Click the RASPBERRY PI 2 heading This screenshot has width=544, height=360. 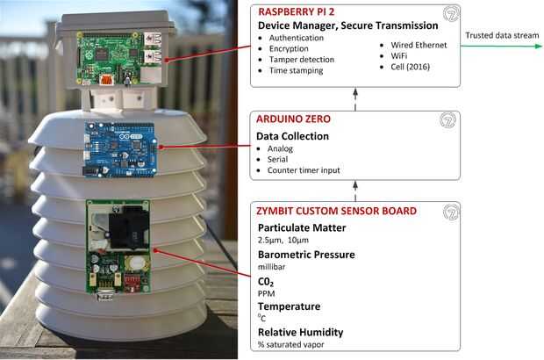pos(296,11)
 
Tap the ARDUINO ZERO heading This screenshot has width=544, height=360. pos(293,119)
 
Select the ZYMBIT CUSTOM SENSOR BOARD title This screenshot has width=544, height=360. pos(336,211)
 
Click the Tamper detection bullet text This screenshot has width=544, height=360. pos(302,60)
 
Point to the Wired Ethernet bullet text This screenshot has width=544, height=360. pos(419,45)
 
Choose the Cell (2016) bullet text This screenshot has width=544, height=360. pos(410,67)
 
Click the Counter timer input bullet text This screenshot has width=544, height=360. pos(304,170)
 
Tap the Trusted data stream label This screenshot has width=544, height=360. pos(502,35)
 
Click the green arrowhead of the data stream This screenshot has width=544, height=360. pos(538,47)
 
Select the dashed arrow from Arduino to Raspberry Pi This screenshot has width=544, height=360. pos(355,99)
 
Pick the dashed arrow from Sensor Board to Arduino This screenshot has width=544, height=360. pos(355,191)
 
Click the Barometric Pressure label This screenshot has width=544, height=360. pos(306,255)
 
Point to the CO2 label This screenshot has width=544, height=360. pos(266,282)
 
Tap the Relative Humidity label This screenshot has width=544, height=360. pos(300,332)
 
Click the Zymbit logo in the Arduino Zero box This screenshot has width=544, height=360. pos(447,120)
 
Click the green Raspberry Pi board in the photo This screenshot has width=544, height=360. pos(119,58)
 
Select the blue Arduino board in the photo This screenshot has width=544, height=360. pos(120,150)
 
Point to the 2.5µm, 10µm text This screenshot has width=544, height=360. pos(283,241)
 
